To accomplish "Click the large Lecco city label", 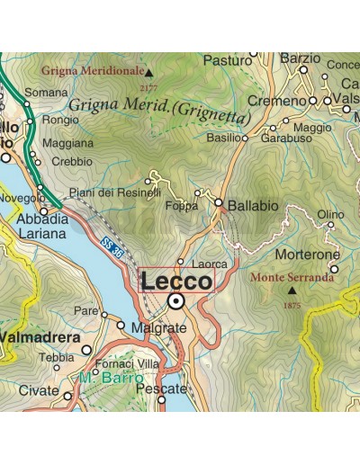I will pyautogui.click(x=176, y=281).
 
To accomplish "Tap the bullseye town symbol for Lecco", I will pyautogui.click(x=176, y=301).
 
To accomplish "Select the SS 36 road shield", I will pyautogui.click(x=112, y=244).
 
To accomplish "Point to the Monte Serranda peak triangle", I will pyautogui.click(x=291, y=291).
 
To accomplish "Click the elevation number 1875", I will pyautogui.click(x=292, y=305).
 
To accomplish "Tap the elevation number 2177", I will pyautogui.click(x=148, y=87).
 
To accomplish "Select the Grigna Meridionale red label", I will pyautogui.click(x=93, y=69).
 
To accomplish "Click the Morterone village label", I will pyautogui.click(x=307, y=255).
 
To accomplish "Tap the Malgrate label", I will pyautogui.click(x=158, y=329).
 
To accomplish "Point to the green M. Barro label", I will pyautogui.click(x=110, y=379).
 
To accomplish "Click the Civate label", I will pyautogui.click(x=39, y=393).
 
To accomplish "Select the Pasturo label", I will pyautogui.click(x=228, y=60).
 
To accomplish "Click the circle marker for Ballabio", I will pyautogui.click(x=219, y=203).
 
